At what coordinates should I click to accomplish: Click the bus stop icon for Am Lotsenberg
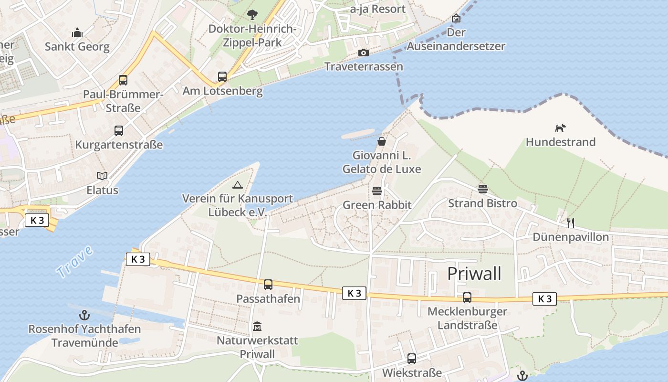[x=222, y=76]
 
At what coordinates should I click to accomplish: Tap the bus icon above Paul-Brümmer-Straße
[x=123, y=80]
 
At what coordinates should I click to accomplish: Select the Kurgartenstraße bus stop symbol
[x=118, y=130]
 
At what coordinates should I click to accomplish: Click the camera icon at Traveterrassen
[x=364, y=53]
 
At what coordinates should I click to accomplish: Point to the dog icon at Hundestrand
[x=560, y=128]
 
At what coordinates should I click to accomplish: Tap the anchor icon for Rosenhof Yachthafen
[x=84, y=315]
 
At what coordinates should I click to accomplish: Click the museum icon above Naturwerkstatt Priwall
[x=257, y=327]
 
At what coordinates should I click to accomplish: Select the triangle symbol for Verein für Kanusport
[x=237, y=185]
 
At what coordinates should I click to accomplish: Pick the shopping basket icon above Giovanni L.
[x=382, y=141]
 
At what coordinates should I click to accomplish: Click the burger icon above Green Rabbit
[x=377, y=191]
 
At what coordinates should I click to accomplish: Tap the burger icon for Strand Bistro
[x=482, y=189]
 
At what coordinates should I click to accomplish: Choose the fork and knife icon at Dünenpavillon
[x=570, y=223]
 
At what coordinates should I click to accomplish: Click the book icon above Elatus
[x=102, y=176]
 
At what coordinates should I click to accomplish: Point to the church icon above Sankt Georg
[x=77, y=32]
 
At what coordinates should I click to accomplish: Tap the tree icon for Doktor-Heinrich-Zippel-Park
[x=252, y=15]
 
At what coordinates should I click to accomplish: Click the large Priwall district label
[x=474, y=274]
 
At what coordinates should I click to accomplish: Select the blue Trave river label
[x=74, y=262]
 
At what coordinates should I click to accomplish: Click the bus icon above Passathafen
[x=268, y=285]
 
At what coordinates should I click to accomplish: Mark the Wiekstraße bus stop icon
[x=412, y=358]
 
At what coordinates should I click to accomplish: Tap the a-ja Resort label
[x=377, y=9]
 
